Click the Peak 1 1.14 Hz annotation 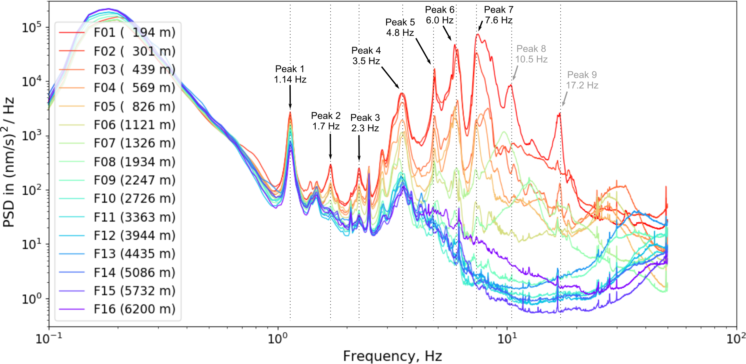290,74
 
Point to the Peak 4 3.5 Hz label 366,56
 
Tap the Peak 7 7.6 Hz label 499,15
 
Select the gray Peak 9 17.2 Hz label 582,80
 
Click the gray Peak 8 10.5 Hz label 531,54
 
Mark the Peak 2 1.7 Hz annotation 326,121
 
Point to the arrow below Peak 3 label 359,148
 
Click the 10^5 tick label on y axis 32,28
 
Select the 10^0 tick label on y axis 32,299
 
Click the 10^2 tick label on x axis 736,338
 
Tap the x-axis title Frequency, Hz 392,356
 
